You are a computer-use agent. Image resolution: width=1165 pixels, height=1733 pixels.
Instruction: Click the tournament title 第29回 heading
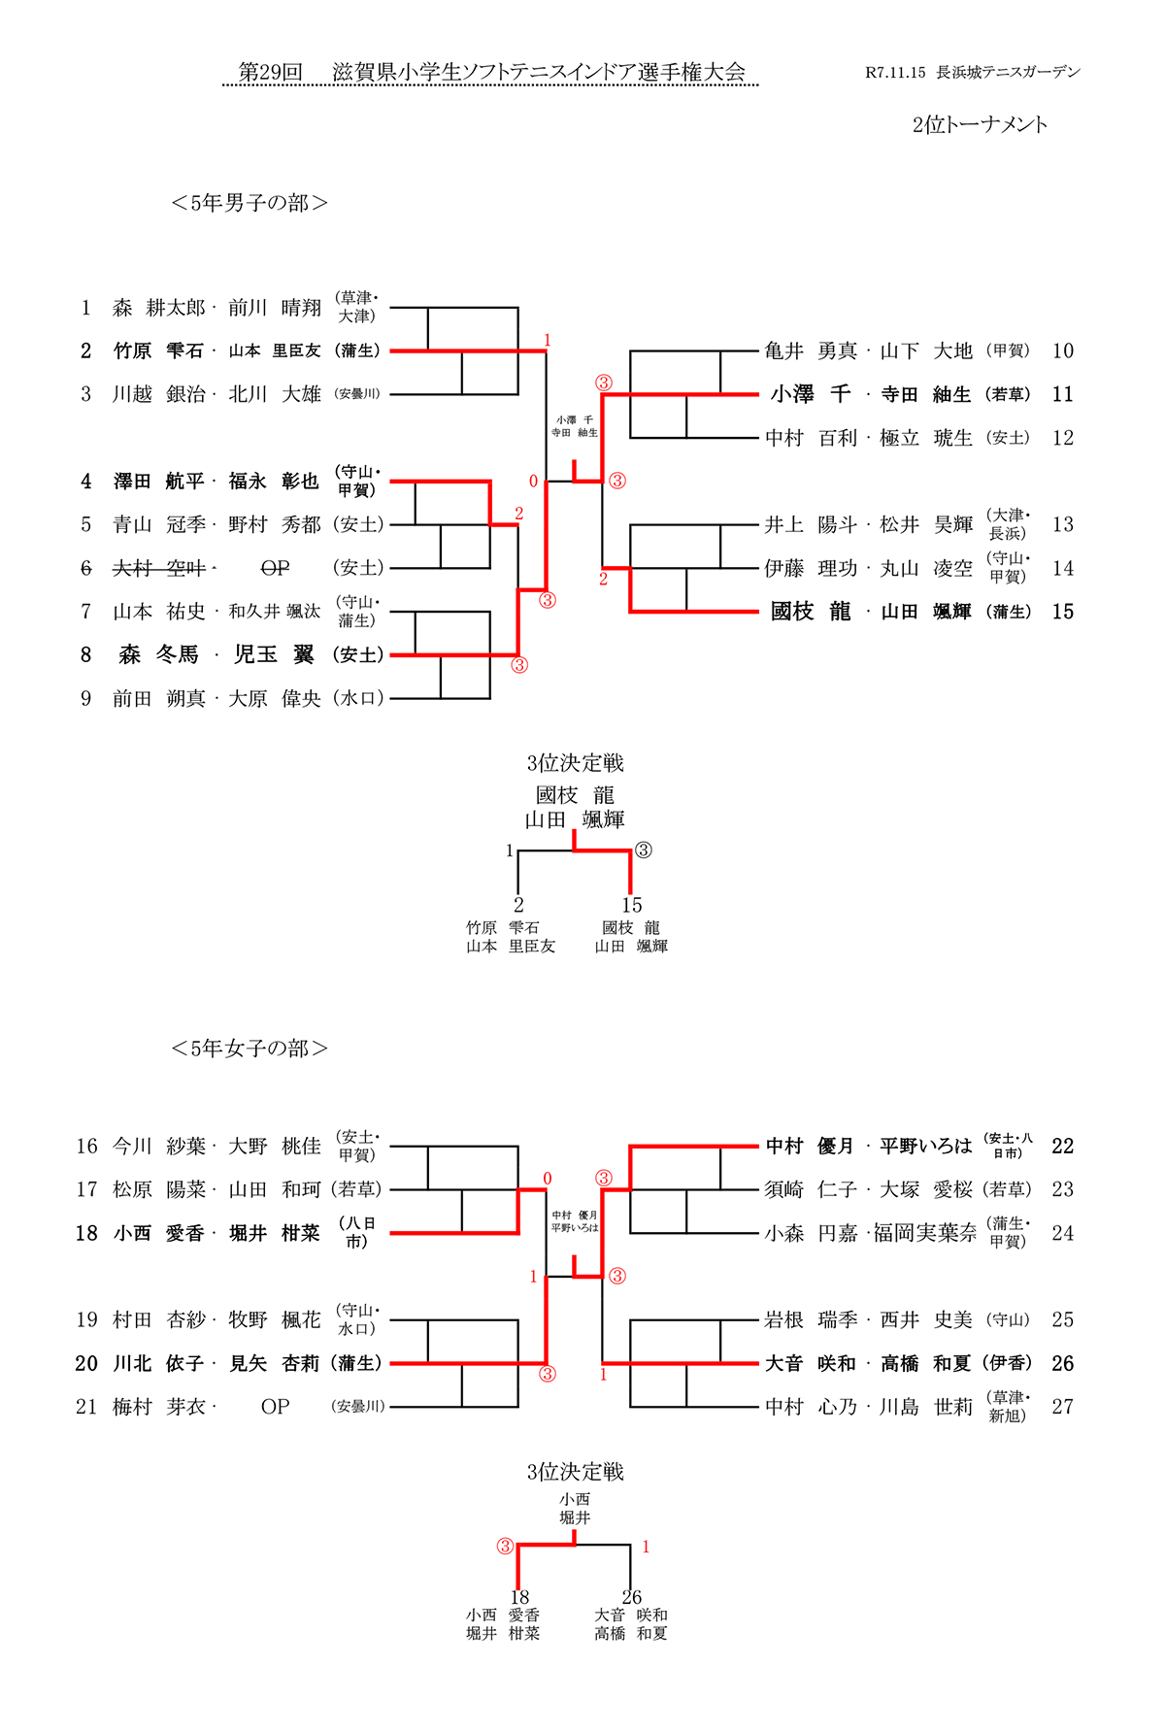coord(271,73)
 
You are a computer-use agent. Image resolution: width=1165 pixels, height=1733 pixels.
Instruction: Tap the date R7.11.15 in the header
coord(895,73)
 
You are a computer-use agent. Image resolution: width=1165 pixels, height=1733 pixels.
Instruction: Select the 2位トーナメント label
coord(980,124)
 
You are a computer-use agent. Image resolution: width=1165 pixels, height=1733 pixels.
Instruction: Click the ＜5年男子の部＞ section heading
coord(250,203)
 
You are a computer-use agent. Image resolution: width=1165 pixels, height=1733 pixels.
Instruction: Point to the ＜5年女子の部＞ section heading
coord(250,1049)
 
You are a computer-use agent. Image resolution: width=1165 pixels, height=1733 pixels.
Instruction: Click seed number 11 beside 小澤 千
coord(1063,394)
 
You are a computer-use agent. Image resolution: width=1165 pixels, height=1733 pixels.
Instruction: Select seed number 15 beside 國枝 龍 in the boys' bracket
coord(1063,612)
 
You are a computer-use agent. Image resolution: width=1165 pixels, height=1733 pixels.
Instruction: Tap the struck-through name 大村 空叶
coord(158,568)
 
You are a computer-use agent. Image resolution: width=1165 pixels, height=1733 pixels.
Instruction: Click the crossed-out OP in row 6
coord(275,568)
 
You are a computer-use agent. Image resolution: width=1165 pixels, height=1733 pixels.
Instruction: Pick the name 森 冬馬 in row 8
coord(158,655)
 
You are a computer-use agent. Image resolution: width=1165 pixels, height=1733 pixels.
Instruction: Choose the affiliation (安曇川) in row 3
coord(357,394)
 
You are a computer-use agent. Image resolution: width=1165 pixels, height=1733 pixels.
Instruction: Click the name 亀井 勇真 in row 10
coord(811,350)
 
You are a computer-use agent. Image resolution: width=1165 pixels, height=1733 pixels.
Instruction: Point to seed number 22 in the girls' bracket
coord(1063,1146)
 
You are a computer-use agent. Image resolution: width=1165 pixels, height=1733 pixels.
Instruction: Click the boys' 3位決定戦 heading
coord(575,763)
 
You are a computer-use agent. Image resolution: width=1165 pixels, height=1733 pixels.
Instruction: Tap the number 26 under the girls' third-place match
coord(632,1597)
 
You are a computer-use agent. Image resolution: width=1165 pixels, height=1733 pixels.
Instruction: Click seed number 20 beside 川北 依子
coord(86,1363)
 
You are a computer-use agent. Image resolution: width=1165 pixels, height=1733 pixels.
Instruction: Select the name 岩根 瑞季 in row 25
coord(811,1319)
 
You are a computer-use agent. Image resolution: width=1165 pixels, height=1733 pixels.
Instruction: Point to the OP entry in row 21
coord(275,1407)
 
